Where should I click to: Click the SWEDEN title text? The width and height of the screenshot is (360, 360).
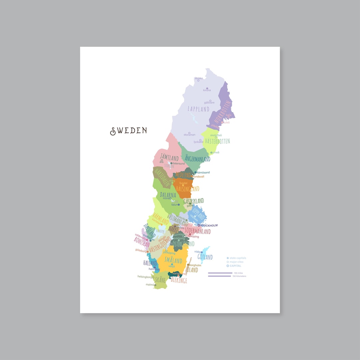click(129, 130)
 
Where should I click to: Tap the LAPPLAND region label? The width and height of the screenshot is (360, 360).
click(198, 109)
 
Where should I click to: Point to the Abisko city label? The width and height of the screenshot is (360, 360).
click(199, 78)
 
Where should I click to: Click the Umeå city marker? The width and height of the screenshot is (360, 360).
click(211, 153)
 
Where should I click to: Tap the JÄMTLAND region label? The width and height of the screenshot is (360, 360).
click(169, 157)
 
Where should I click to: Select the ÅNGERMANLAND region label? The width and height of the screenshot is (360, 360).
click(198, 159)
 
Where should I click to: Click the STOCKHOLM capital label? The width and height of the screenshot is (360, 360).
click(209, 226)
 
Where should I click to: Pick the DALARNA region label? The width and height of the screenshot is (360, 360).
click(168, 195)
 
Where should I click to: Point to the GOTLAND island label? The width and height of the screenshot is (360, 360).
click(205, 257)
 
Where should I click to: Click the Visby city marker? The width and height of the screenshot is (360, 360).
click(202, 252)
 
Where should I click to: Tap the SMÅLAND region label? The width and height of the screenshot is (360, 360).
click(173, 260)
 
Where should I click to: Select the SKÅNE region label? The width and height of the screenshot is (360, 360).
click(160, 280)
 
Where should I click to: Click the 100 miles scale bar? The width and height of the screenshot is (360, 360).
click(220, 273)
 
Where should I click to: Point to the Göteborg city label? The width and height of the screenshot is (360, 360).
click(141, 250)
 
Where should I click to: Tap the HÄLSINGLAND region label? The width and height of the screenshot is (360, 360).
click(188, 189)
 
